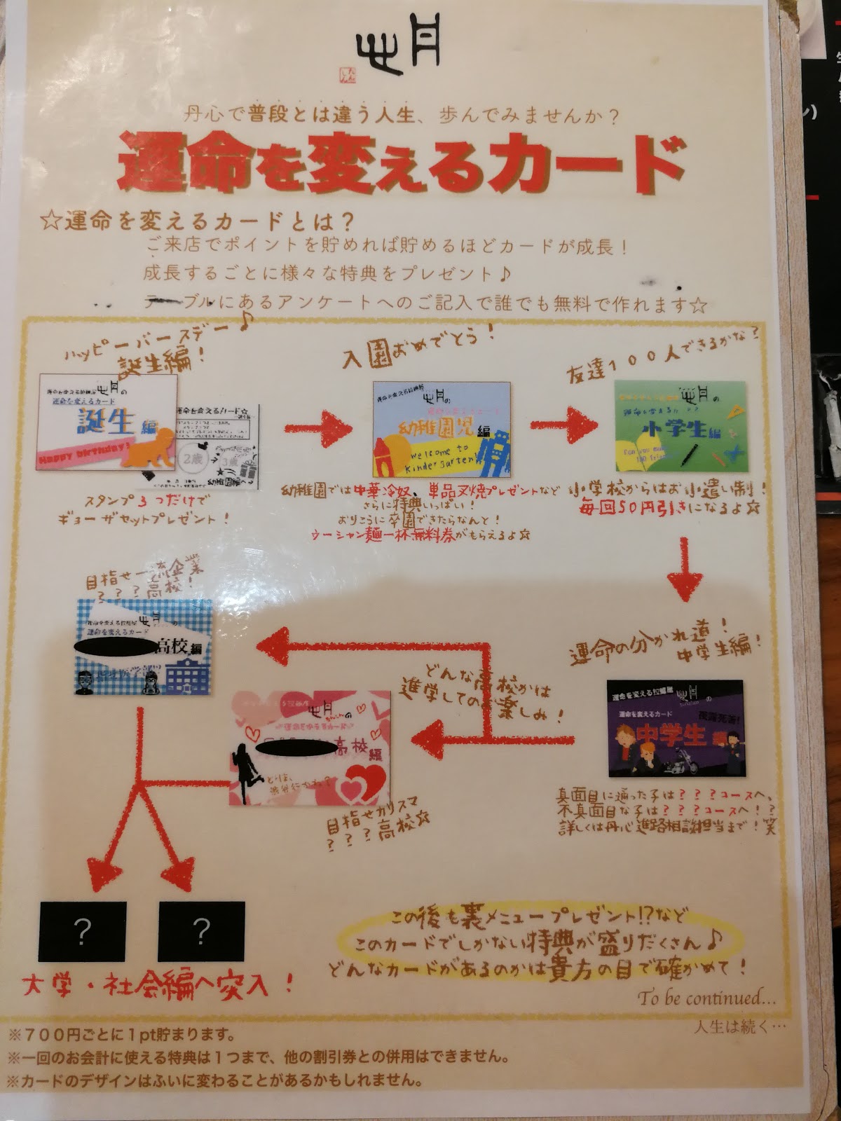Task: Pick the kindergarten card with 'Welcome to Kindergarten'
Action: point(442,429)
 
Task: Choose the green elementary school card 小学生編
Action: point(678,425)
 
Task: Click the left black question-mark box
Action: point(82,931)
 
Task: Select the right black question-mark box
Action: point(201,931)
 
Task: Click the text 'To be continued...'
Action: point(706,997)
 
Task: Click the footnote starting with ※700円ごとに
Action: point(121,1034)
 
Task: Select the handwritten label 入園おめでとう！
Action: point(418,345)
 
